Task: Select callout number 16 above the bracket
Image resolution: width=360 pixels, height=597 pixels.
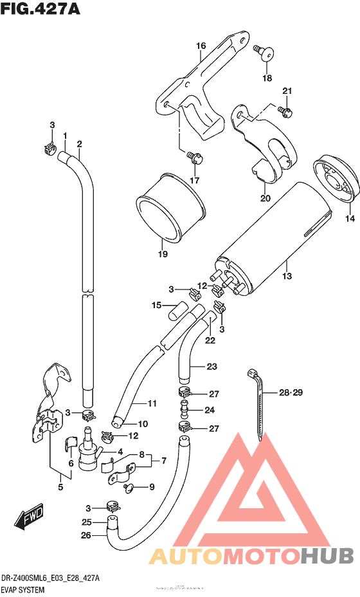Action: pyautogui.click(x=201, y=46)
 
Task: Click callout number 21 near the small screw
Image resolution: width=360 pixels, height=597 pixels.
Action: pyautogui.click(x=287, y=90)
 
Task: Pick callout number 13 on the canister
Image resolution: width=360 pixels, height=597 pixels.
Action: pyautogui.click(x=287, y=276)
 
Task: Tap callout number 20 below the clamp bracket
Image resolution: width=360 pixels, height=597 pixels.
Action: pyautogui.click(x=265, y=198)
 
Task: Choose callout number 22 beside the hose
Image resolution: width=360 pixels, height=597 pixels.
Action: pyautogui.click(x=210, y=340)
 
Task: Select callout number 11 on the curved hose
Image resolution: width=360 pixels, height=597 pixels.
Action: pyautogui.click(x=152, y=403)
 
